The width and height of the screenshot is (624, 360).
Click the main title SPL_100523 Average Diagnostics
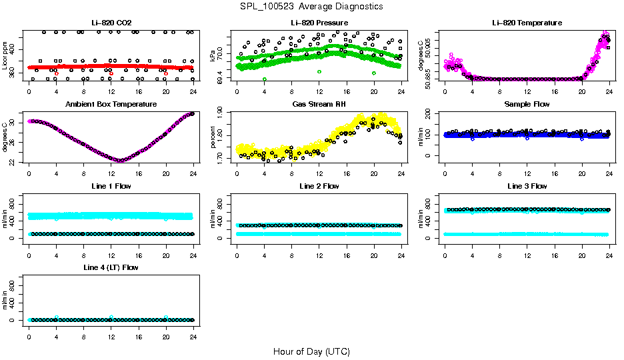click(312, 6)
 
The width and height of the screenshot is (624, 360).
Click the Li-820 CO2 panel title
click(111, 23)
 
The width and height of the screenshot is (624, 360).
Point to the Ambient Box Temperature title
click(111, 104)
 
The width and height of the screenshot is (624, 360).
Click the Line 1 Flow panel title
click(111, 186)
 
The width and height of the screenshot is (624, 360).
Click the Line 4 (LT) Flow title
click(111, 267)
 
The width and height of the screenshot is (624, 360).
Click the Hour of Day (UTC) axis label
click(311, 351)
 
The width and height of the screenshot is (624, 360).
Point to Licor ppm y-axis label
click(5, 55)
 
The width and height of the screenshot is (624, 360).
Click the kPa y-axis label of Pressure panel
click(213, 55)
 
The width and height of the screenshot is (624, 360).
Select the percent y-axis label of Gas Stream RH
click(213, 137)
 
